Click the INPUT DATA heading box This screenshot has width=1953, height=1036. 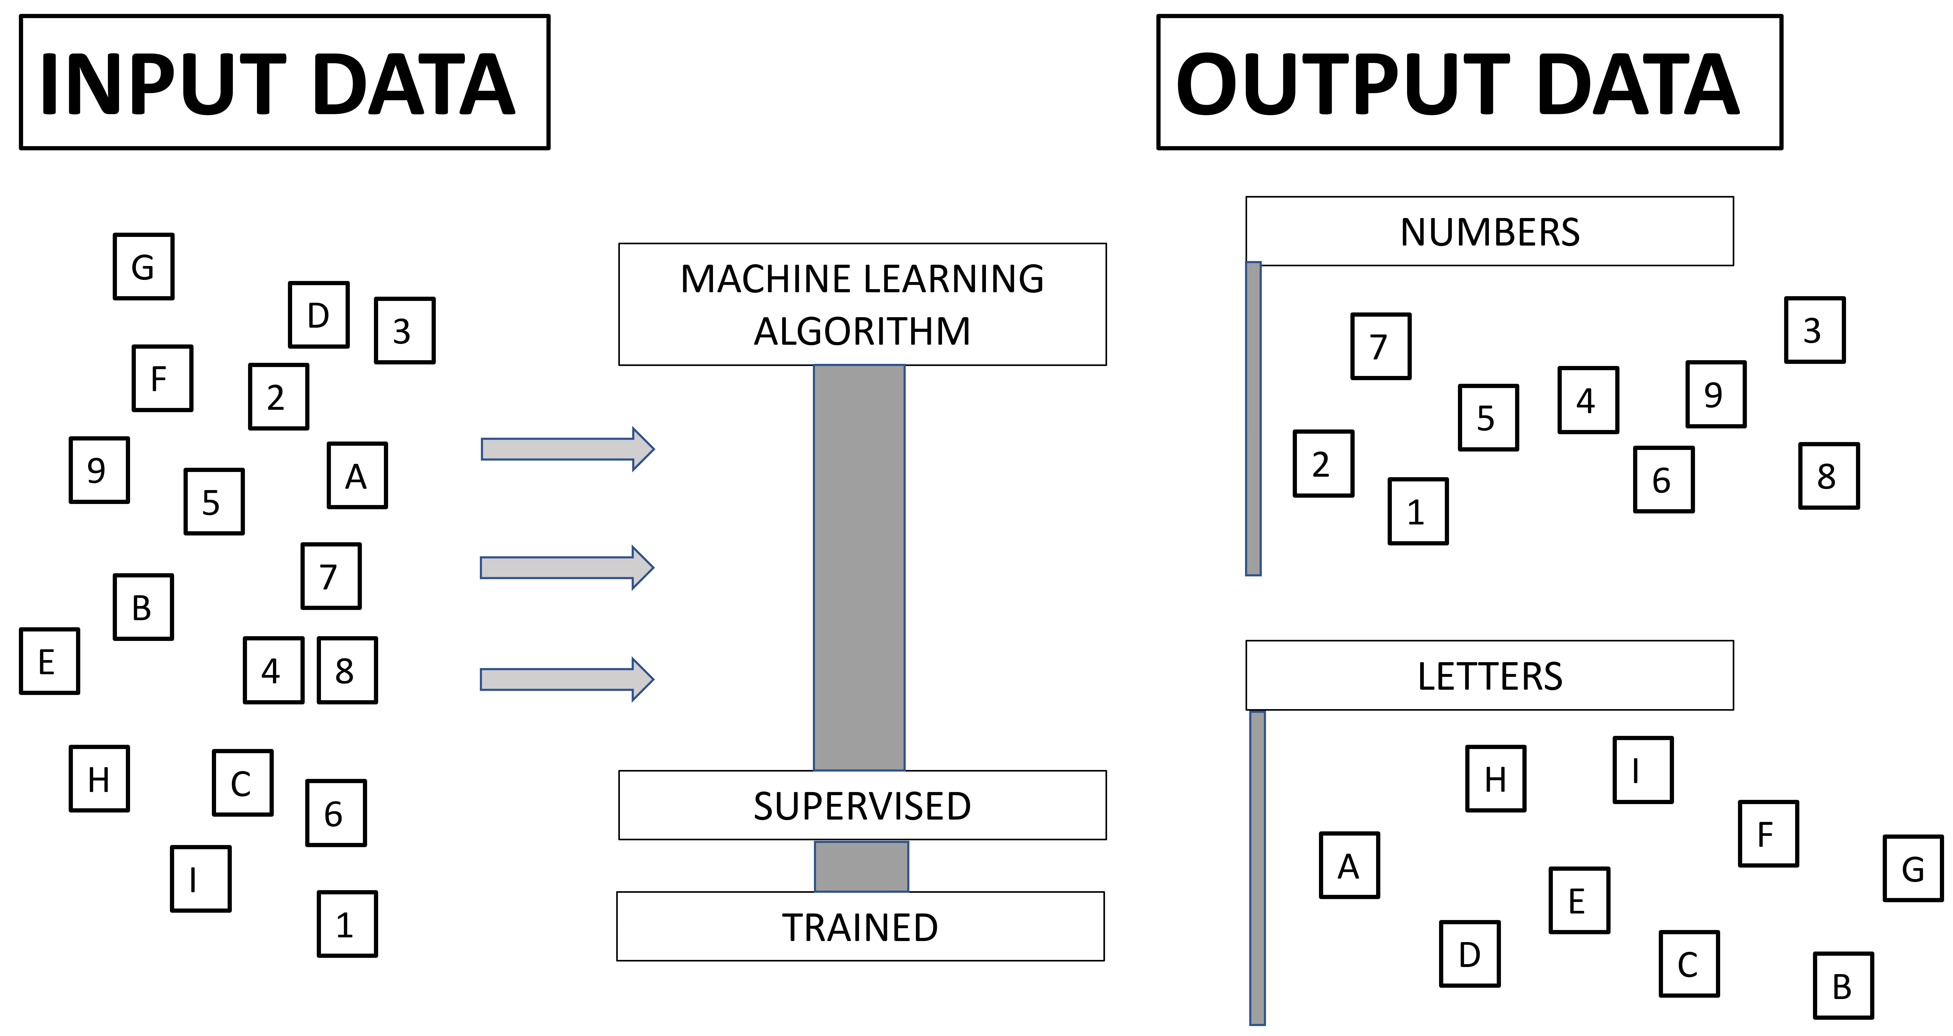(284, 82)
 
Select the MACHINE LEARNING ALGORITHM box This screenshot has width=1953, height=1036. (862, 304)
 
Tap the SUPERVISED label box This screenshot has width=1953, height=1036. (862, 805)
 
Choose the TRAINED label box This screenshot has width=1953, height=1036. (861, 926)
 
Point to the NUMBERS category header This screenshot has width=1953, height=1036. (1489, 231)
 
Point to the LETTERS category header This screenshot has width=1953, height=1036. (1489, 675)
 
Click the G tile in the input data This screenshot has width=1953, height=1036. (143, 266)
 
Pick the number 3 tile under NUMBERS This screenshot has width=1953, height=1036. (1814, 330)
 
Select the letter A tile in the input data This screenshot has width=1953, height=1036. (357, 476)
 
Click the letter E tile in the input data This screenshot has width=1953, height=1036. (49, 661)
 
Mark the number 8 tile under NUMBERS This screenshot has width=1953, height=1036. (1829, 476)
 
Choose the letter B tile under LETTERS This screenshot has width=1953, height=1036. (1843, 985)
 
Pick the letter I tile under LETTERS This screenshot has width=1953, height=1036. (1642, 770)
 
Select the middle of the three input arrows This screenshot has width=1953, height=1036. (566, 567)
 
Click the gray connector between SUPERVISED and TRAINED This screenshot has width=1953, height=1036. (861, 866)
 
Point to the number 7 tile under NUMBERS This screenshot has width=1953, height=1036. (1381, 346)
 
